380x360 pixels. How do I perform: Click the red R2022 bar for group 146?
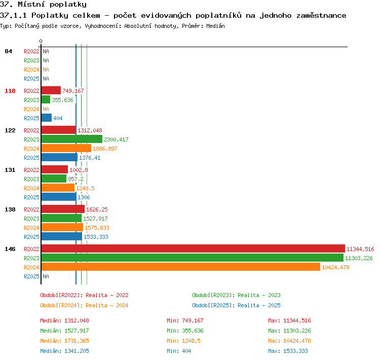click(193, 248)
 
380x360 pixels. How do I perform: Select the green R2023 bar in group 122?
click(72, 139)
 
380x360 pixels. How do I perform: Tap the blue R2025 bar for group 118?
click(47, 118)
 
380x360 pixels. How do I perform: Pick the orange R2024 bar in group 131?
click(58, 188)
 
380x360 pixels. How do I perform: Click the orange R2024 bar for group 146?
click(181, 267)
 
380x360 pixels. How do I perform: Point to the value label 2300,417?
click(116, 139)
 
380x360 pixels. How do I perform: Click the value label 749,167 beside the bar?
click(73, 91)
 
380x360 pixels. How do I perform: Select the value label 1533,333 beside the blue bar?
click(96, 237)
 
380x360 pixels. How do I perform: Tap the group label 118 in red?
click(10, 91)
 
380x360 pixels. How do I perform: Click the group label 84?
click(8, 51)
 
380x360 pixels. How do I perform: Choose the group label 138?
click(10, 209)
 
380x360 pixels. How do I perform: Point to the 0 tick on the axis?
click(41, 41)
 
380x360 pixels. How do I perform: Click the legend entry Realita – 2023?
click(259, 295)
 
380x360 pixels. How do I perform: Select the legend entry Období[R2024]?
click(61, 305)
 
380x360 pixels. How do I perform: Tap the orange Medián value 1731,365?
click(77, 341)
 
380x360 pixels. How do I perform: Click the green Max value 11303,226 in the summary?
click(297, 331)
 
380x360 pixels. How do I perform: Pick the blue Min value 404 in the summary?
click(186, 351)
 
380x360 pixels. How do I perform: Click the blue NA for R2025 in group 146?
click(46, 276)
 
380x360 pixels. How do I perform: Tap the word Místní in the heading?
click(31, 5)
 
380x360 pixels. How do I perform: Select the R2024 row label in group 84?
click(31, 69)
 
